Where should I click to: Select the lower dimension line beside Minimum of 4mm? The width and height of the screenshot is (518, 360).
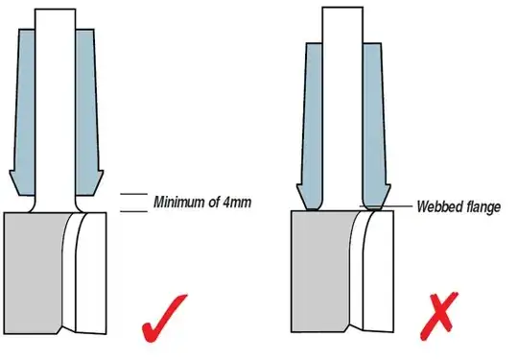pyautogui.click(x=130, y=210)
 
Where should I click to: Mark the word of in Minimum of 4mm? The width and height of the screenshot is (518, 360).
pyautogui.click(x=219, y=203)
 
